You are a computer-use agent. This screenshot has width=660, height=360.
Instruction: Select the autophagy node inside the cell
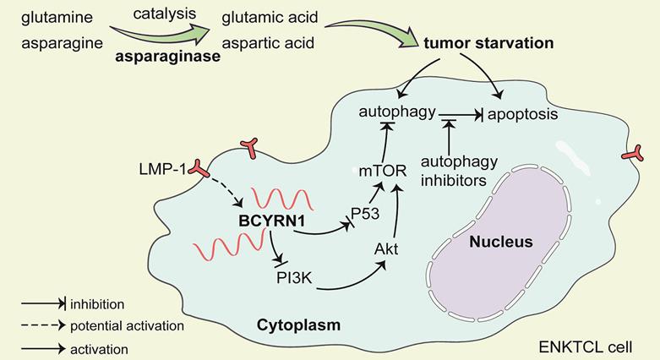397,112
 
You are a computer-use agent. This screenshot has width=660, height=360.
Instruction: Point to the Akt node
385,249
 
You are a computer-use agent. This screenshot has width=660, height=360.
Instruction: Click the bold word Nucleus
503,243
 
